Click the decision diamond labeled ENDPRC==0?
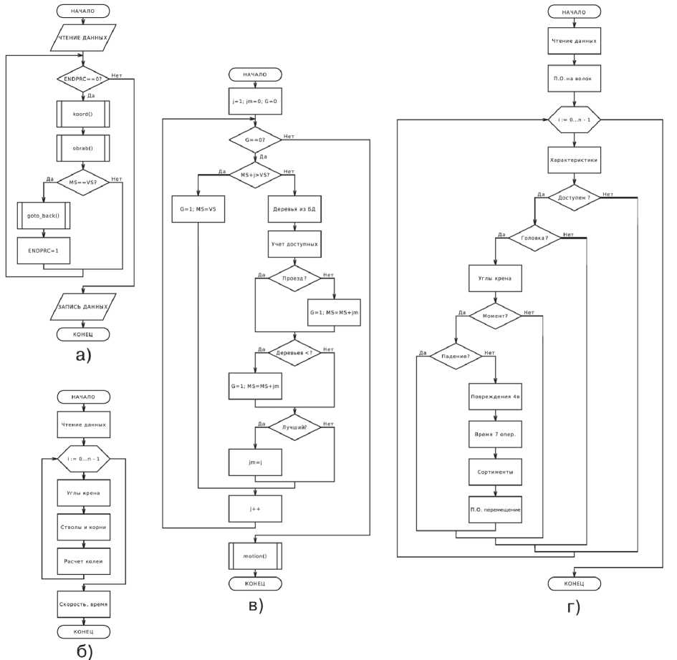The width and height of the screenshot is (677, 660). (x=83, y=79)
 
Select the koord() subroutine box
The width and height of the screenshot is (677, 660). (x=83, y=114)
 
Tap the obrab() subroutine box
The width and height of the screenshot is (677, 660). (x=83, y=147)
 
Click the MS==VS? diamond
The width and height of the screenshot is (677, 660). (x=83, y=182)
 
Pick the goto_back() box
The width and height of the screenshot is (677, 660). (x=43, y=215)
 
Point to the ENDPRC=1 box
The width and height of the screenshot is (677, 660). (x=43, y=249)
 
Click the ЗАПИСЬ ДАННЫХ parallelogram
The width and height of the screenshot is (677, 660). (x=83, y=306)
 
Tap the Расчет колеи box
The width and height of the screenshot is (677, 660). (x=83, y=560)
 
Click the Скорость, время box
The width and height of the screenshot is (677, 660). (x=83, y=604)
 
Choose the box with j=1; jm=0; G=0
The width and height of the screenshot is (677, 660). (x=255, y=101)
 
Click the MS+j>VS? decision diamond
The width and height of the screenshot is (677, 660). (x=255, y=173)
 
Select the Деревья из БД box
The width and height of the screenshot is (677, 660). (x=294, y=208)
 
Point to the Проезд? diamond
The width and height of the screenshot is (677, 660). (x=294, y=278)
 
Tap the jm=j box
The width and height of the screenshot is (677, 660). (x=255, y=462)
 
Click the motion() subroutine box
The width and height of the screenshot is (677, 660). (x=255, y=555)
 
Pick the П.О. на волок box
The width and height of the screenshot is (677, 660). (x=573, y=79)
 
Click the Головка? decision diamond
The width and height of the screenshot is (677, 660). (x=535, y=238)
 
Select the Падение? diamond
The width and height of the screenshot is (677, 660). (x=456, y=355)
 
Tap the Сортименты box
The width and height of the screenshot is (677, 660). (x=495, y=472)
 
